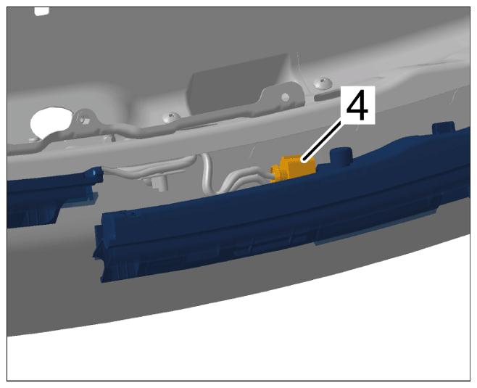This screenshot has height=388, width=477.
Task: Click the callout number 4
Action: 357,105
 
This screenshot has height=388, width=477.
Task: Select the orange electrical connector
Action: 292,169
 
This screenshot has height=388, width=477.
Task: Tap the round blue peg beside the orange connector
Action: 341,155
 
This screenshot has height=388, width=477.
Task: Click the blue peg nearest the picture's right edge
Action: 443,128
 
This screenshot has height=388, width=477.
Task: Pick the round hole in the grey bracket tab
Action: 285,97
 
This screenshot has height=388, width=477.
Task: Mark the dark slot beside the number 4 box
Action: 328,96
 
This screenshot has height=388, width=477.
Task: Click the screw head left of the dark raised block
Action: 171,117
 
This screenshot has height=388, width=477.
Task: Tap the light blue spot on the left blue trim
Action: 95,172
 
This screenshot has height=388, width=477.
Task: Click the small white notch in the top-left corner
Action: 41,11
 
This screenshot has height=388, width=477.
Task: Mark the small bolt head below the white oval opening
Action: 34,139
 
